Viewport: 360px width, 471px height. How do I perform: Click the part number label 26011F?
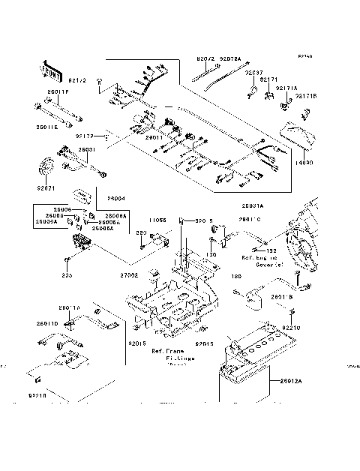pyautogui.click(x=58, y=92)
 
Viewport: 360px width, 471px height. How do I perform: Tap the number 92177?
pyautogui.click(x=84, y=137)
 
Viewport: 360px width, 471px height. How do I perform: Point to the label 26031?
pyautogui.click(x=87, y=150)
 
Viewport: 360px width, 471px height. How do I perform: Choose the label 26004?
pyautogui.click(x=115, y=199)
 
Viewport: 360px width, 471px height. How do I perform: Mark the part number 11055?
pyautogui.click(x=157, y=221)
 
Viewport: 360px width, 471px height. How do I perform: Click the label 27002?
pyautogui.click(x=130, y=276)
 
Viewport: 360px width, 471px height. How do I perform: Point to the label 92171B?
pyautogui.click(x=305, y=96)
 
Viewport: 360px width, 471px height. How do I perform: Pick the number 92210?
pyautogui.click(x=290, y=328)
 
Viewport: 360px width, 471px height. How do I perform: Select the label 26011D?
pyautogui.click(x=46, y=323)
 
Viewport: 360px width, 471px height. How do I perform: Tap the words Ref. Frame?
pyautogui.click(x=166, y=351)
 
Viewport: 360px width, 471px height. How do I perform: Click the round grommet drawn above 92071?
pyautogui.click(x=46, y=166)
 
